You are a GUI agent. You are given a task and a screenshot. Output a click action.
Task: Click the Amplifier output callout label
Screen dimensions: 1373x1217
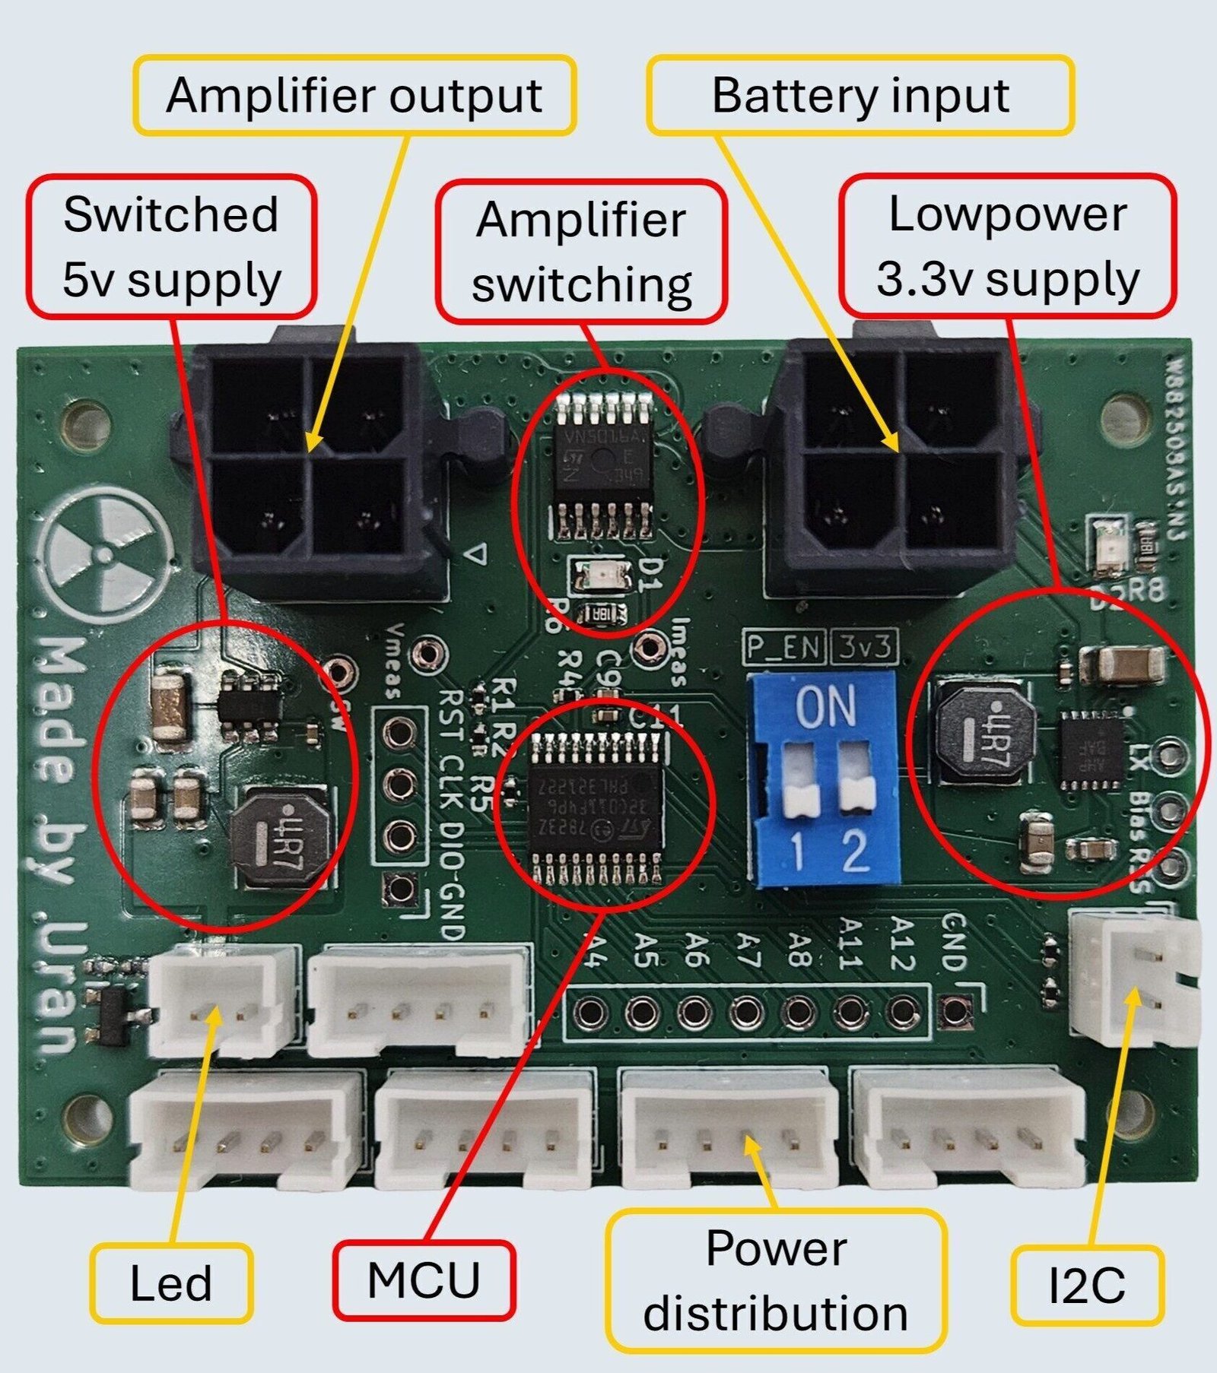pyautogui.click(x=354, y=96)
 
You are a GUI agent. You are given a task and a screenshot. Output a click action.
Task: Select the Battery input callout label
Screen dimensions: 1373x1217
pyautogui.click(x=860, y=96)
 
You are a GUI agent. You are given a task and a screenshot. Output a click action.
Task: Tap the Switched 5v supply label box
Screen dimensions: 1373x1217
pyautogui.click(x=171, y=246)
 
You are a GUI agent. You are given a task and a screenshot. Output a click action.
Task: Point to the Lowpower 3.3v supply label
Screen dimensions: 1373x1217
pyautogui.click(x=1007, y=246)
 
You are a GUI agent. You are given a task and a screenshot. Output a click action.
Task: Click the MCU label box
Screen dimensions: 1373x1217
pyautogui.click(x=424, y=1280)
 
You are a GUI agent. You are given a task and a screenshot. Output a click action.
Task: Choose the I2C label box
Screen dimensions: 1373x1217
pyautogui.click(x=1087, y=1286)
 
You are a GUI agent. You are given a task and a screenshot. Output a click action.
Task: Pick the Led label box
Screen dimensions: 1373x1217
pyautogui.click(x=171, y=1284)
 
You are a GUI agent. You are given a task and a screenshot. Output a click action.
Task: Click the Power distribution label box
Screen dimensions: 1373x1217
pyautogui.click(x=776, y=1281)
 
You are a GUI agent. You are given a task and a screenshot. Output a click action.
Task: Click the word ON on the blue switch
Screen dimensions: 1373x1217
pyautogui.click(x=825, y=706)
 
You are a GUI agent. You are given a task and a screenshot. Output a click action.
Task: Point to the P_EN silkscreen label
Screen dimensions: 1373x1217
pyautogui.click(x=784, y=648)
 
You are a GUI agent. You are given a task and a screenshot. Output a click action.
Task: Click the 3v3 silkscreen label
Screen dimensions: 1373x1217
pyautogui.click(x=864, y=648)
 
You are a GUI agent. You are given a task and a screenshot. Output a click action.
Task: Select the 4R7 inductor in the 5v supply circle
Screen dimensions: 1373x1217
pyautogui.click(x=281, y=837)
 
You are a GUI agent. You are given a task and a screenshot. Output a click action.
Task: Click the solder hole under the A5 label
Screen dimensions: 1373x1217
pyautogui.click(x=643, y=1012)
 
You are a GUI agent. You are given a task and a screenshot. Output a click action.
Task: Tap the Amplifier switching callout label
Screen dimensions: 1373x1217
pyautogui.click(x=581, y=252)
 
